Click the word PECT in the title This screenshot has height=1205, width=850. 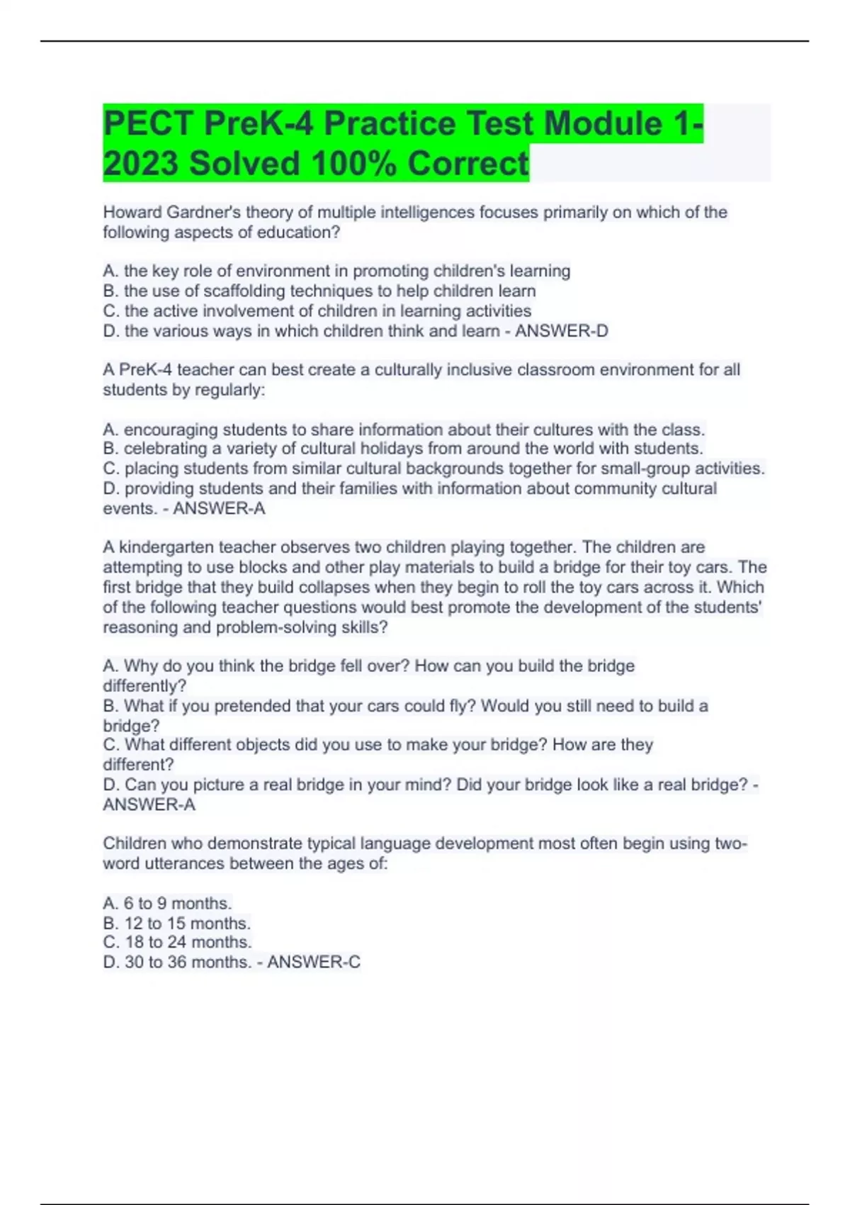[x=148, y=124]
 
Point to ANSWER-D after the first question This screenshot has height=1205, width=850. [x=561, y=331]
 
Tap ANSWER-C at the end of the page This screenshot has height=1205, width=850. [x=314, y=963]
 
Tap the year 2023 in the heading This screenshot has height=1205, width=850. [x=141, y=164]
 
